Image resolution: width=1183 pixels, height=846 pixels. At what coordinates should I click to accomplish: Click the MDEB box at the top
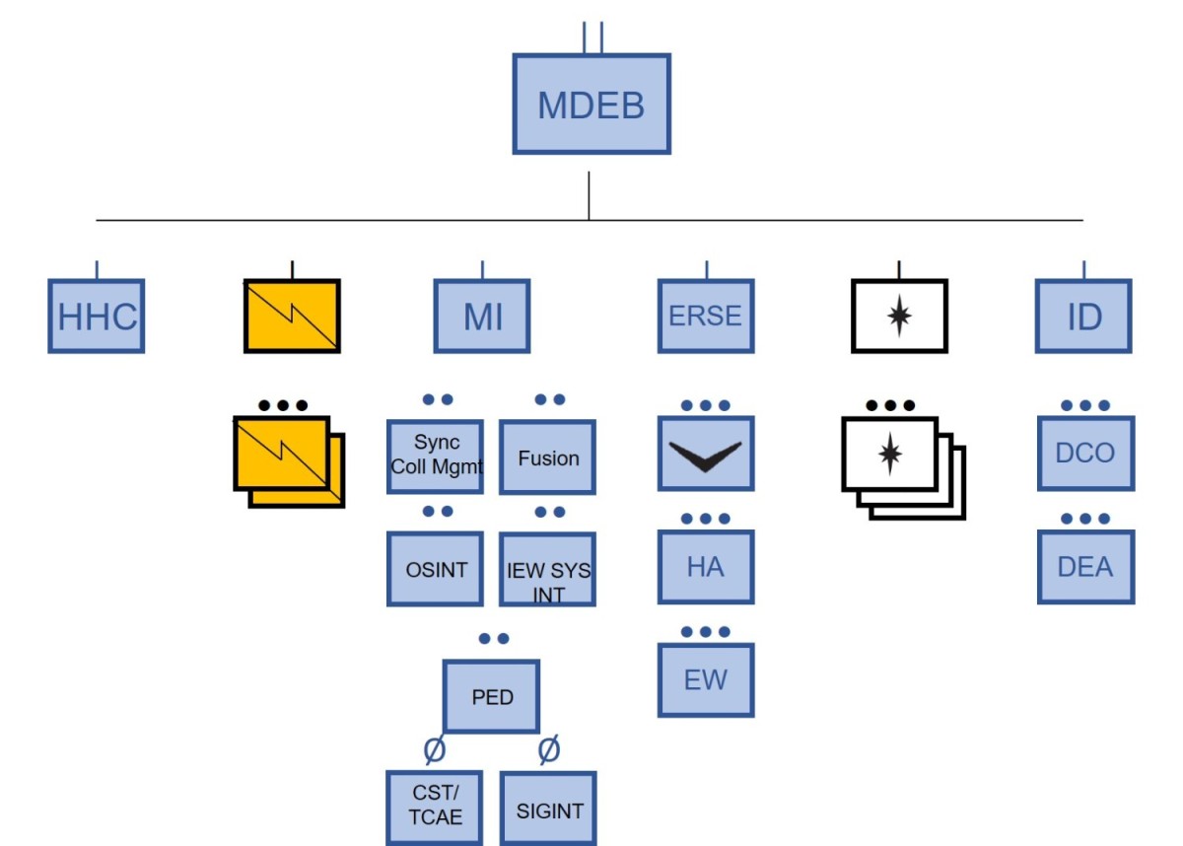[591, 105]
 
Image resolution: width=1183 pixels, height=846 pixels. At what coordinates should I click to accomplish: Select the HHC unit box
[97, 316]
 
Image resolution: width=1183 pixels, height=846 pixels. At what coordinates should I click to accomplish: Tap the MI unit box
[482, 316]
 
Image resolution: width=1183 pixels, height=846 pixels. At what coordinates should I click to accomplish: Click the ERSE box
[706, 316]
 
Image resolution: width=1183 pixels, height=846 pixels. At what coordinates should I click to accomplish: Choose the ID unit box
[1083, 316]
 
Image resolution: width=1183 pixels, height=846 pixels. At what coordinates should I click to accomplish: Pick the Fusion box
[548, 458]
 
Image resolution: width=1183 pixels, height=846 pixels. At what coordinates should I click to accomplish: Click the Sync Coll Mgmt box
[436, 457]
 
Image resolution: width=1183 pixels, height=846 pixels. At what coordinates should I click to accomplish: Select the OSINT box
[436, 569]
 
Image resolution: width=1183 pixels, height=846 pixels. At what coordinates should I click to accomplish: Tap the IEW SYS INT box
[548, 569]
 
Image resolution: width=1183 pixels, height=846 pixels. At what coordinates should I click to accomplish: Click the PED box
[492, 696]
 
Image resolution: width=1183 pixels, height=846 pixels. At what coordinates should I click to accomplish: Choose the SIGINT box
[549, 810]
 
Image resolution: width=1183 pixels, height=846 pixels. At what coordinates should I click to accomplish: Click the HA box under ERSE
[706, 567]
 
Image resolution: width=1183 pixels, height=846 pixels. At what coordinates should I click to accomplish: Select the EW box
[706, 680]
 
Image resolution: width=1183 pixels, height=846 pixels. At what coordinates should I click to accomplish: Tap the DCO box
[1085, 454]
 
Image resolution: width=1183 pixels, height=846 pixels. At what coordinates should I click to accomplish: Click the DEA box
[1085, 567]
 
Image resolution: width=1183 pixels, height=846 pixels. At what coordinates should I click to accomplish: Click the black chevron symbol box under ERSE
[706, 454]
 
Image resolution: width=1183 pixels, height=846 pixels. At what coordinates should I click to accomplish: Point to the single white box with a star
[899, 317]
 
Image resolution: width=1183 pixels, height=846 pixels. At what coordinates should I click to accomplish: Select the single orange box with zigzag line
[292, 316]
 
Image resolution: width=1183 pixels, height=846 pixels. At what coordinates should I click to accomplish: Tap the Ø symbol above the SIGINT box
[549, 750]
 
